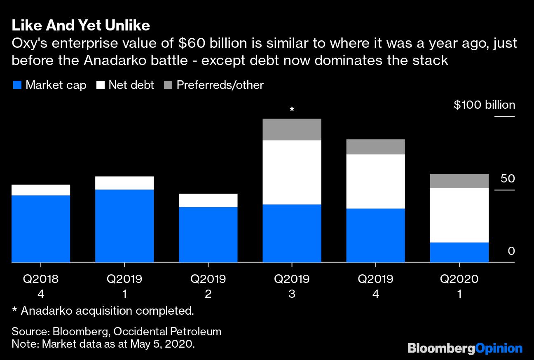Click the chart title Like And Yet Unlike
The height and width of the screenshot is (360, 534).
click(81, 26)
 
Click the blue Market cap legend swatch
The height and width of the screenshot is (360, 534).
click(17, 85)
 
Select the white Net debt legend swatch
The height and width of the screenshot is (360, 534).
click(100, 85)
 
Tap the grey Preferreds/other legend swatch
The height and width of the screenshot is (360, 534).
click(168, 85)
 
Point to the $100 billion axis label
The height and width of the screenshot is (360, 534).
click(484, 105)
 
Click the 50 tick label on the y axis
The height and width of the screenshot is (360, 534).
click(508, 179)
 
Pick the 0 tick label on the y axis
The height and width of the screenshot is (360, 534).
click(511, 251)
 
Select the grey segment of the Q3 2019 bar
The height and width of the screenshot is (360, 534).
click(292, 129)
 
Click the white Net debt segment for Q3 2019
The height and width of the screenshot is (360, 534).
click(292, 172)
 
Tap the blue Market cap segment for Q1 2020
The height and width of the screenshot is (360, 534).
click(459, 252)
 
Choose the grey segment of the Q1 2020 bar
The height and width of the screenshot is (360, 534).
click(459, 181)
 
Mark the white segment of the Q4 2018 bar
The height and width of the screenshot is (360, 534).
click(41, 190)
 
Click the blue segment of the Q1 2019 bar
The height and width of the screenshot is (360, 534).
click(124, 226)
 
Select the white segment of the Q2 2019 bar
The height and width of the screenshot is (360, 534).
click(208, 200)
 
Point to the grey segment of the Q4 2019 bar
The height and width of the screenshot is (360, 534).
click(375, 147)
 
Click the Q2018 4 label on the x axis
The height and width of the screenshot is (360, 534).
click(41, 286)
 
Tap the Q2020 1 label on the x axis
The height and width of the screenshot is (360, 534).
click(459, 286)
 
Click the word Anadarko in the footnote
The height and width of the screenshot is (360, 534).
click(47, 311)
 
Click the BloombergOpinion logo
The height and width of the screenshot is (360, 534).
click(465, 348)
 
